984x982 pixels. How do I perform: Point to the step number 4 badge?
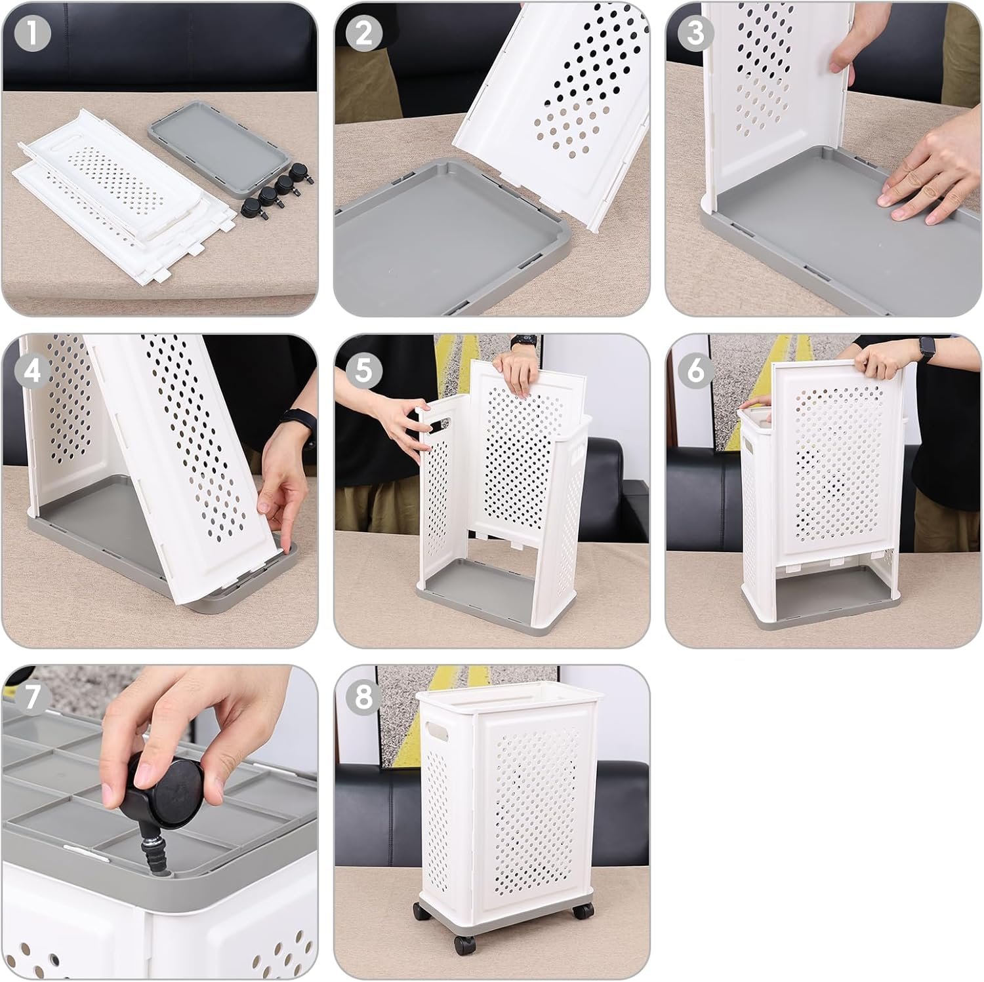31,372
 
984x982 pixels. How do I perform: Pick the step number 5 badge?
363,372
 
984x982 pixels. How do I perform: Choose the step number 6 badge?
695,372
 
